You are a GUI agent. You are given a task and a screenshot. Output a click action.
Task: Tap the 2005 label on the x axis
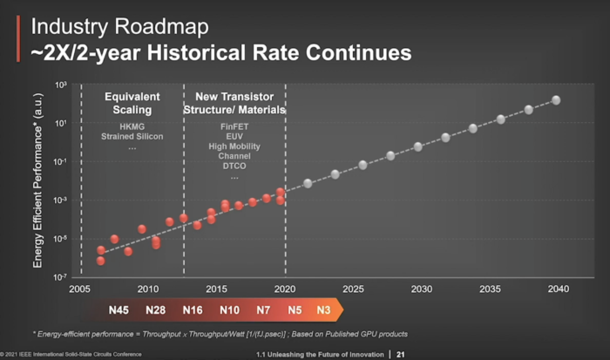pos(80,289)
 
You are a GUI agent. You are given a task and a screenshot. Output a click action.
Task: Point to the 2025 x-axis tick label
pos(353,289)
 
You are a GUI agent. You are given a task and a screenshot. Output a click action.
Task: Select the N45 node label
pos(119,309)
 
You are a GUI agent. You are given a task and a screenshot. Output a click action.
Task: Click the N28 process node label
pos(156,309)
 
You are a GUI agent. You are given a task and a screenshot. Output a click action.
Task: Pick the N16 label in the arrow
pos(193,309)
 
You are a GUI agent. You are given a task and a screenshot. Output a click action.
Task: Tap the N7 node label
pos(263,309)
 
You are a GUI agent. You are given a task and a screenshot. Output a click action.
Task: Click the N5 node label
pos(295,309)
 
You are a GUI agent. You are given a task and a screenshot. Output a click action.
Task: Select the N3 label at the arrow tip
pos(323,309)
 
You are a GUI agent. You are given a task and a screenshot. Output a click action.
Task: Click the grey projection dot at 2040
pos(556,100)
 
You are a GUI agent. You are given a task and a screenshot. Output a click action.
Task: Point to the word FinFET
pos(234,126)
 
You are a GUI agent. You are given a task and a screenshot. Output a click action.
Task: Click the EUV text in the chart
pos(234,137)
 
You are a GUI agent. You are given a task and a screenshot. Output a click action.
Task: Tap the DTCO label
pos(234,166)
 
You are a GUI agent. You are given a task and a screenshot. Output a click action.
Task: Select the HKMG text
pos(132,127)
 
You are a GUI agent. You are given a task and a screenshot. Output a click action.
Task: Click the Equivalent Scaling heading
pos(132,103)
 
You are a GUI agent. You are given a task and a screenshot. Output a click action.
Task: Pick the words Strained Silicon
pos(132,138)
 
